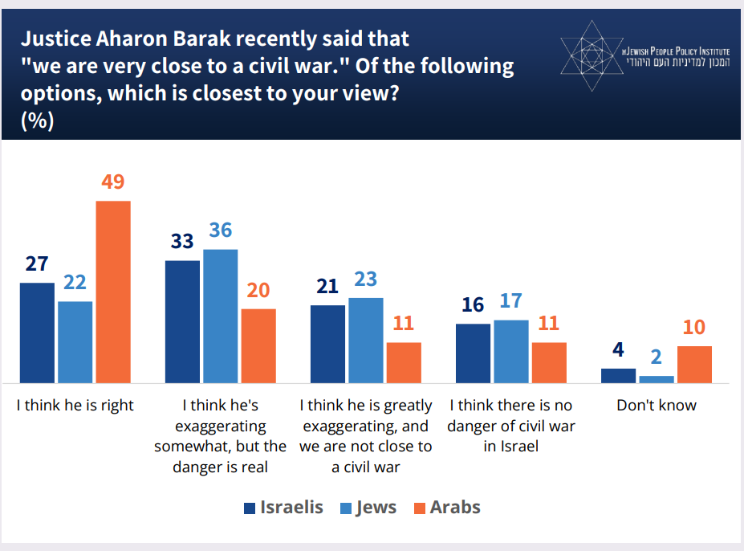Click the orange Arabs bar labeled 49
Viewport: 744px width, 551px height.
[x=113, y=291]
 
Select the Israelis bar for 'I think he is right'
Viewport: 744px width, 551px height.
[x=37, y=333]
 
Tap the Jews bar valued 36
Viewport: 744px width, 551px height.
[x=221, y=316]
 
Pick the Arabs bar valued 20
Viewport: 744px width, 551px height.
[x=258, y=345]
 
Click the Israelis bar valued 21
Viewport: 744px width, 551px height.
[x=328, y=344]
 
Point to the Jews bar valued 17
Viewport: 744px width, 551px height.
[x=511, y=351]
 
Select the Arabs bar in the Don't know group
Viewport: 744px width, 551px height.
[x=694, y=364]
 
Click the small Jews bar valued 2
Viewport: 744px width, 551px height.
[x=657, y=378]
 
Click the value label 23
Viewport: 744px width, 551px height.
[x=366, y=279]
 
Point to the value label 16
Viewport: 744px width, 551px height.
[x=474, y=305]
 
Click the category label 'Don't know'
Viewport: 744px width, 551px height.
[x=657, y=406]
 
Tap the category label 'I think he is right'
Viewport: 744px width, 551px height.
[x=75, y=406]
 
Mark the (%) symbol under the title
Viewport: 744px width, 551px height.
[x=37, y=120]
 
